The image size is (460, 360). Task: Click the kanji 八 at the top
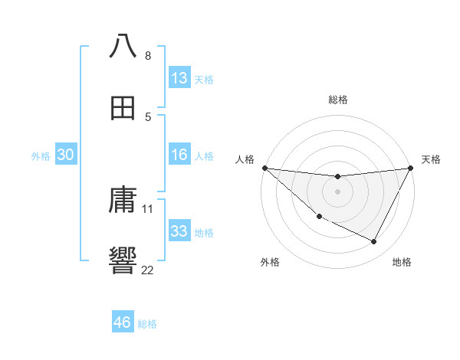tap(123, 47)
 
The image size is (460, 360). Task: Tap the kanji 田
tap(123, 108)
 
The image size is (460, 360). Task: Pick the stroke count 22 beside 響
tap(148, 270)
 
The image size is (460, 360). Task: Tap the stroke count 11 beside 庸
tap(148, 208)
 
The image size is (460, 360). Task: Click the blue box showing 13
tap(179, 78)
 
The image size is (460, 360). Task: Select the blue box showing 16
tap(179, 155)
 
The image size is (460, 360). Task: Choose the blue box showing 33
tap(179, 231)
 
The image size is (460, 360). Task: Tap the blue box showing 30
tap(66, 155)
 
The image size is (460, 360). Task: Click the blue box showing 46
tap(123, 322)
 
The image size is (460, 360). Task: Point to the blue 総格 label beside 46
tap(148, 324)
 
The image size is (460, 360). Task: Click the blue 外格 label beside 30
tap(41, 156)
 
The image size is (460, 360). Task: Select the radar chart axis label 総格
tap(338, 100)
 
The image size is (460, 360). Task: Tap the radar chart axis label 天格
tap(432, 159)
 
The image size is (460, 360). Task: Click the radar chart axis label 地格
tap(402, 263)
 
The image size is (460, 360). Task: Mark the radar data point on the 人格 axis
tap(264, 168)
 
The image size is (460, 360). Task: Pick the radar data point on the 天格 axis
tap(411, 168)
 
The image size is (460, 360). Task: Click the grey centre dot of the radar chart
tap(338, 191)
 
